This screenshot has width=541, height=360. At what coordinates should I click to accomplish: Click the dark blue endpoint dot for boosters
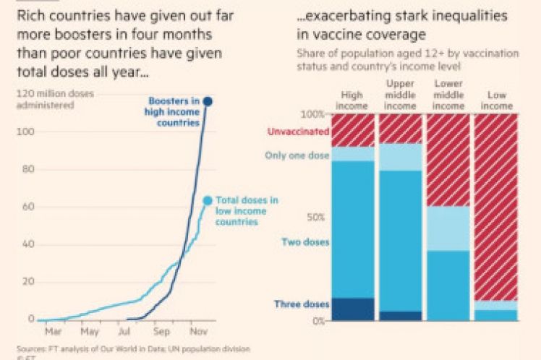(207, 101)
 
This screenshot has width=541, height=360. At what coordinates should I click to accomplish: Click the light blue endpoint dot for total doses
(208, 200)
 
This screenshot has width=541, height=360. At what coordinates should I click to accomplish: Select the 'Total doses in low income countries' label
(247, 210)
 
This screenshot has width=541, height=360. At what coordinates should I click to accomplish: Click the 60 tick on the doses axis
(26, 207)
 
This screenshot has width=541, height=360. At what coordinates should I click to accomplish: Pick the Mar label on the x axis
(53, 332)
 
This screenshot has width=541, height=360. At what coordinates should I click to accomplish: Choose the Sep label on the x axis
(162, 332)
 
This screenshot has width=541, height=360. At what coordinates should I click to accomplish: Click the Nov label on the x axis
(199, 332)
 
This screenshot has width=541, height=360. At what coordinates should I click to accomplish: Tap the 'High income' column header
(353, 100)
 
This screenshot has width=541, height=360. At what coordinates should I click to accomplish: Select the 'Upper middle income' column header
(400, 95)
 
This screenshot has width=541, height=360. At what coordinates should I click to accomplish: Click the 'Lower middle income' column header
(448, 95)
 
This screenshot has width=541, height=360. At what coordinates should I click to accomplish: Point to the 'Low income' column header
(496, 100)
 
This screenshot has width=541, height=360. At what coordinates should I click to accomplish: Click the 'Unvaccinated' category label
(298, 132)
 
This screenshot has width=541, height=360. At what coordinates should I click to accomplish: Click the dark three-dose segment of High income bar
(353, 309)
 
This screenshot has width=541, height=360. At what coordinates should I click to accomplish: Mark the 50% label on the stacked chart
(315, 217)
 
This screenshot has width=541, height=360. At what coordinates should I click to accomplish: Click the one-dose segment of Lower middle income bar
(448, 228)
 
